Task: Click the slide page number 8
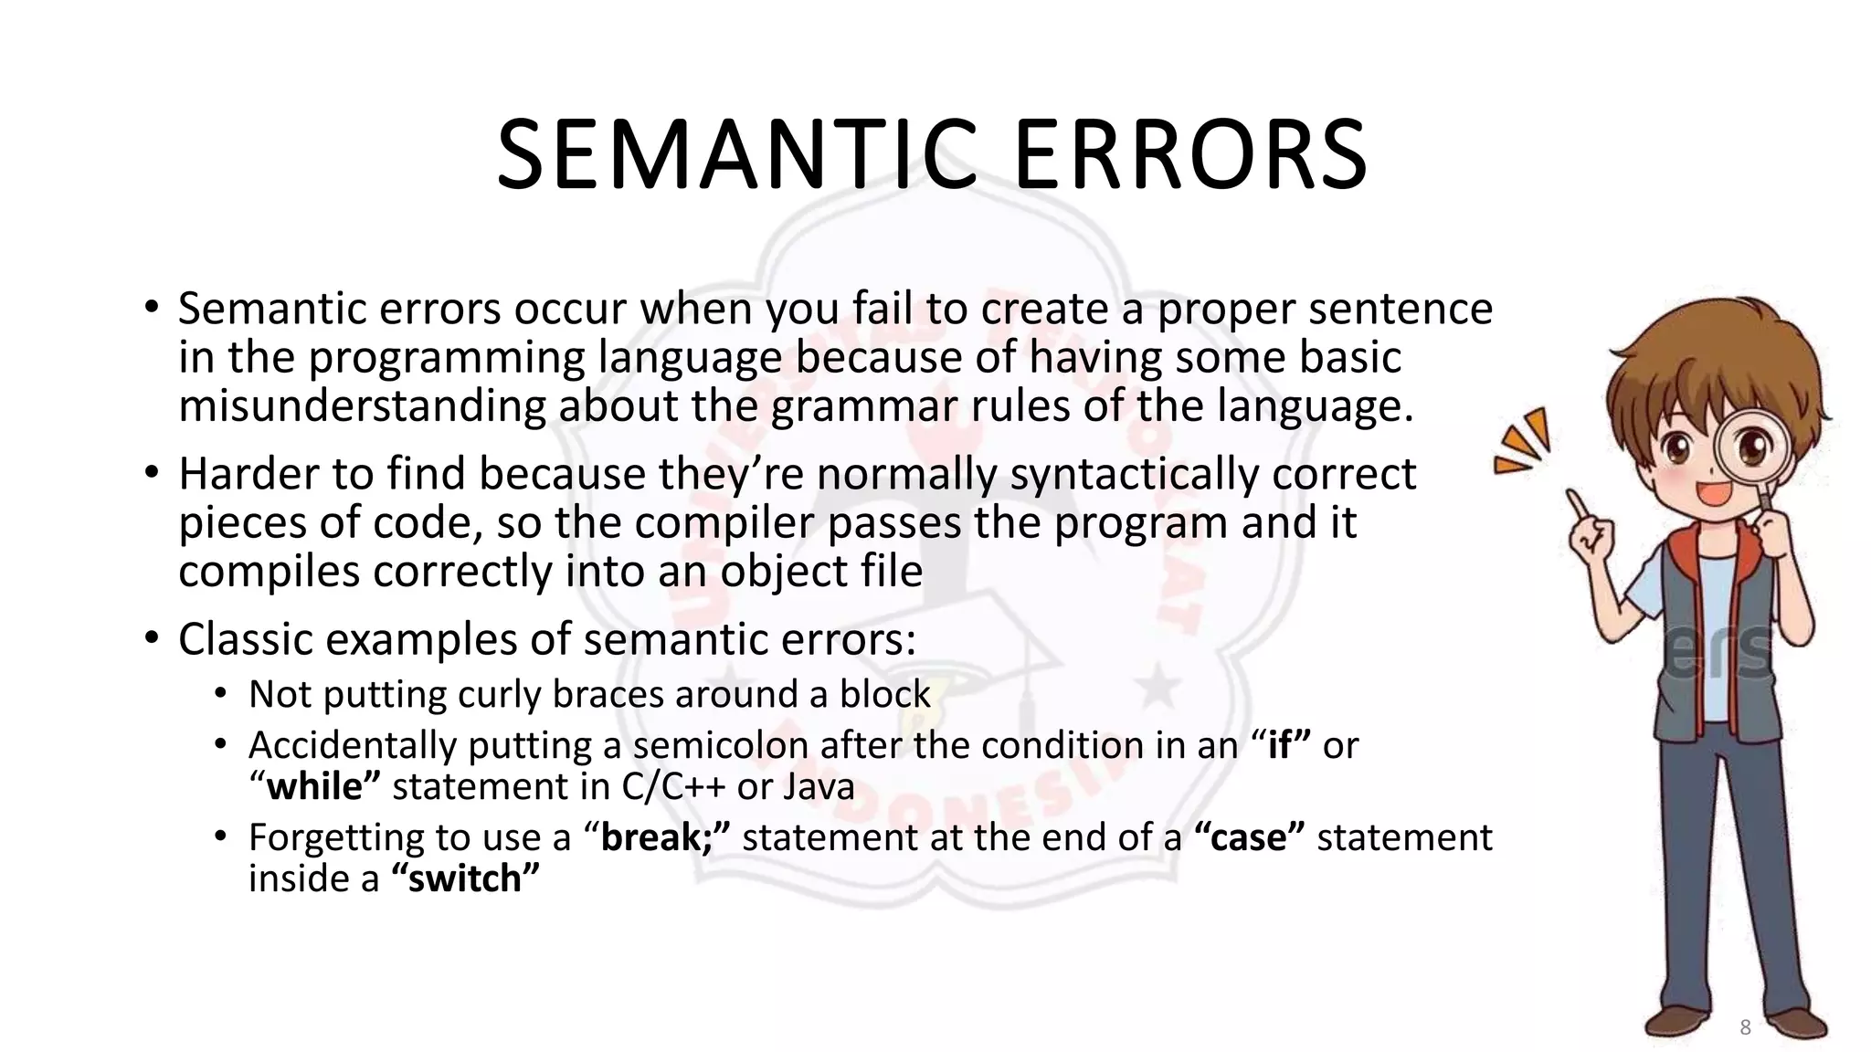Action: pyautogui.click(x=1745, y=1027)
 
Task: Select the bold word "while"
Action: pyautogui.click(x=315, y=787)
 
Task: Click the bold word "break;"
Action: pyautogui.click(x=665, y=837)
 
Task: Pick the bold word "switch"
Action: pyautogui.click(x=465, y=878)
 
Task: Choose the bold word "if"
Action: pyautogui.click(x=1280, y=746)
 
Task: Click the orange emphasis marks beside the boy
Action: pyautogui.click(x=1523, y=442)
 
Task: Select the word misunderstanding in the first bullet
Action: pyautogui.click(x=363, y=405)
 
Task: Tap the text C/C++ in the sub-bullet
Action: pyautogui.click(x=674, y=787)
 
